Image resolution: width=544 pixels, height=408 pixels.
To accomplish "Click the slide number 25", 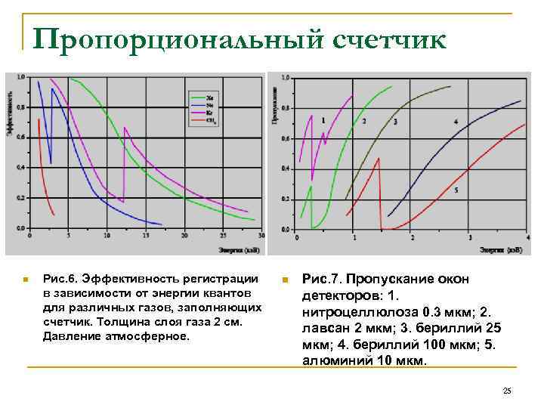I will click(507, 391).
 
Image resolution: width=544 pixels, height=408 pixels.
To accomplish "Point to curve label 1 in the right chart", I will click(323, 120).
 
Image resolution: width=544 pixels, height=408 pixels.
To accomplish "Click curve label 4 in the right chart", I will click(456, 122).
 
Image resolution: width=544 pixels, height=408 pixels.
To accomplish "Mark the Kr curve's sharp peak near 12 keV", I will click(124, 128).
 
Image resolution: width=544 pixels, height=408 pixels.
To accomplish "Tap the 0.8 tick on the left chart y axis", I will click(20, 107).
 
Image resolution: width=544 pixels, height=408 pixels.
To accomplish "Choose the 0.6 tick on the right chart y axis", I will click(285, 138).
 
